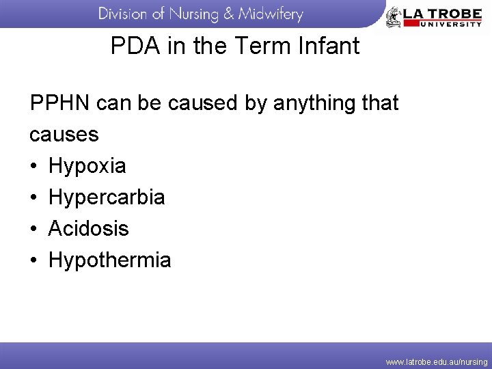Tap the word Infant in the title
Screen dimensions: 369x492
(328, 46)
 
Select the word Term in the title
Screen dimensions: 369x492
(264, 46)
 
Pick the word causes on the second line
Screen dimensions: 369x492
(64, 135)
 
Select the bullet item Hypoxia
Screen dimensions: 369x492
(87, 166)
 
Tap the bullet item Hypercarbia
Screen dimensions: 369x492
(107, 197)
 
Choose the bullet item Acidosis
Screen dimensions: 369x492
(88, 228)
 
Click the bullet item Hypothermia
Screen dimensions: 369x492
(110, 260)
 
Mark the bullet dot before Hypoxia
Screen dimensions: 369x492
(33, 166)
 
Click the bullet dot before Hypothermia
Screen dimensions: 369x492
(33, 260)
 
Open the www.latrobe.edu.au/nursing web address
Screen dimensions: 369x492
(437, 361)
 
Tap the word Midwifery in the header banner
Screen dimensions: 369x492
(270, 14)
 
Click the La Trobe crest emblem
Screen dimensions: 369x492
(394, 16)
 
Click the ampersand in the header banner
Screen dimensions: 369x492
(225, 14)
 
